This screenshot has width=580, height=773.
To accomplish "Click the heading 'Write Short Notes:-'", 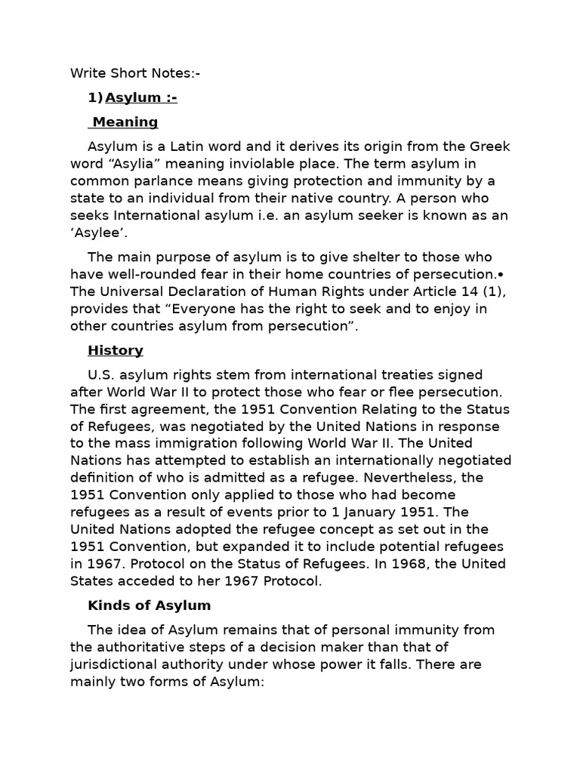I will tap(136, 73).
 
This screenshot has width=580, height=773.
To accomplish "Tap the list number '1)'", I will tap(95, 97).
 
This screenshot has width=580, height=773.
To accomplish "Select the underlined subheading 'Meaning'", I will tap(125, 122).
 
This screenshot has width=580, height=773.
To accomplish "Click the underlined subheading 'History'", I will tap(116, 350).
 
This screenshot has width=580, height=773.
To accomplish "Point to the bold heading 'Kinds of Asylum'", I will tap(150, 605).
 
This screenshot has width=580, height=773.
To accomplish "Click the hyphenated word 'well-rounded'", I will tap(146, 274).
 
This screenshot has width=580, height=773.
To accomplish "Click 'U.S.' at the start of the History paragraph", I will tap(102, 374).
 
